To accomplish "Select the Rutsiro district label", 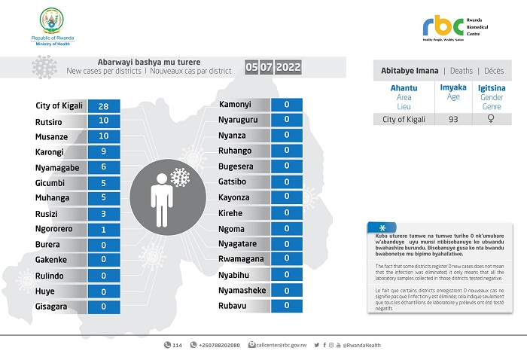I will pos(50,121).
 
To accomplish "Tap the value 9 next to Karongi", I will pos(104,152).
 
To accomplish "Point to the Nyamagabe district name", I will pos(58,167).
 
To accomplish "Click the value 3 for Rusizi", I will pos(104,214).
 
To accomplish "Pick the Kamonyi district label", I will pos(235,104).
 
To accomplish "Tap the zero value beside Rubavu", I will pos(286,305).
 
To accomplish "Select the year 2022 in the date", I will pos(288,68).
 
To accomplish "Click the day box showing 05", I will pos(251,68).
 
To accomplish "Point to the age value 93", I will pos(452,119).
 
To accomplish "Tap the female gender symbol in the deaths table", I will pos(491,119).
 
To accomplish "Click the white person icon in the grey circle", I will pos(162,200).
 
